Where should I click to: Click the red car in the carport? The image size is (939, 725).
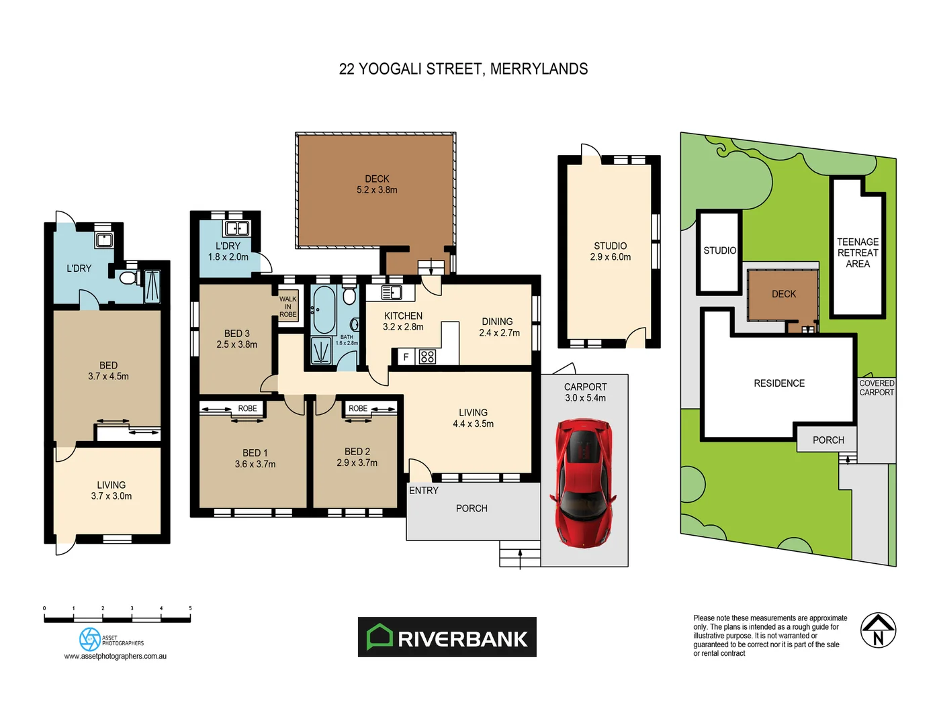click(583, 482)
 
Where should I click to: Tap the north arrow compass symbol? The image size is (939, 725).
click(878, 630)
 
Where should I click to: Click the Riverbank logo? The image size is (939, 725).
click(447, 637)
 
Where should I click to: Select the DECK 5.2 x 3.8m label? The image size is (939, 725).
click(377, 185)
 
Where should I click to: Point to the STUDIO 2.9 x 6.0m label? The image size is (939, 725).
click(610, 252)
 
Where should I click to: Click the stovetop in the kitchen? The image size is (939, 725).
click(427, 357)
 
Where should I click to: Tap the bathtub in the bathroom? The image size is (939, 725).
click(324, 309)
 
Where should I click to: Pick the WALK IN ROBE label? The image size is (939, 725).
click(288, 307)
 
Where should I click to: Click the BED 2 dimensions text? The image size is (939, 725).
click(357, 463)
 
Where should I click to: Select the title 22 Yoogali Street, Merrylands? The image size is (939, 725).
click(463, 69)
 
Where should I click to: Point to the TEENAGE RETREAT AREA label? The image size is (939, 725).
click(858, 253)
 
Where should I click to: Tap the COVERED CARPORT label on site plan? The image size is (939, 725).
click(877, 388)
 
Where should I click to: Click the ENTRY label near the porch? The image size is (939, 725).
click(424, 491)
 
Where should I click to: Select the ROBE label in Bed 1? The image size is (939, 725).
click(247, 408)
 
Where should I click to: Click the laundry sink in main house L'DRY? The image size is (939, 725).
click(236, 228)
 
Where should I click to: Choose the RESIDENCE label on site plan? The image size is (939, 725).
click(779, 383)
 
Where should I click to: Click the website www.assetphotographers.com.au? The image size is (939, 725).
click(116, 657)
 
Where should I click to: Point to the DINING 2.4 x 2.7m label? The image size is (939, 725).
click(499, 328)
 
